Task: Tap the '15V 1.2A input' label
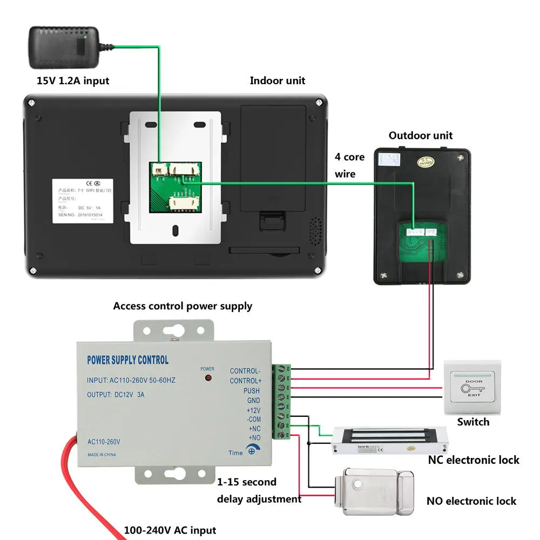tap(73, 81)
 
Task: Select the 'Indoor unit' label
tap(277, 80)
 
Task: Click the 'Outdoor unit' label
tap(421, 136)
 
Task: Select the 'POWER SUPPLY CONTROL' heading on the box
tap(127, 360)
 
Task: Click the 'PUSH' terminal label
tap(251, 391)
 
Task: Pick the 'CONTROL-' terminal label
tap(245, 371)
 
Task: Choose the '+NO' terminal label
tap(254, 437)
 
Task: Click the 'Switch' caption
tap(473, 422)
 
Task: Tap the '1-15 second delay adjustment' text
tap(259, 490)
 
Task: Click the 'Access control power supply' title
tap(183, 306)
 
